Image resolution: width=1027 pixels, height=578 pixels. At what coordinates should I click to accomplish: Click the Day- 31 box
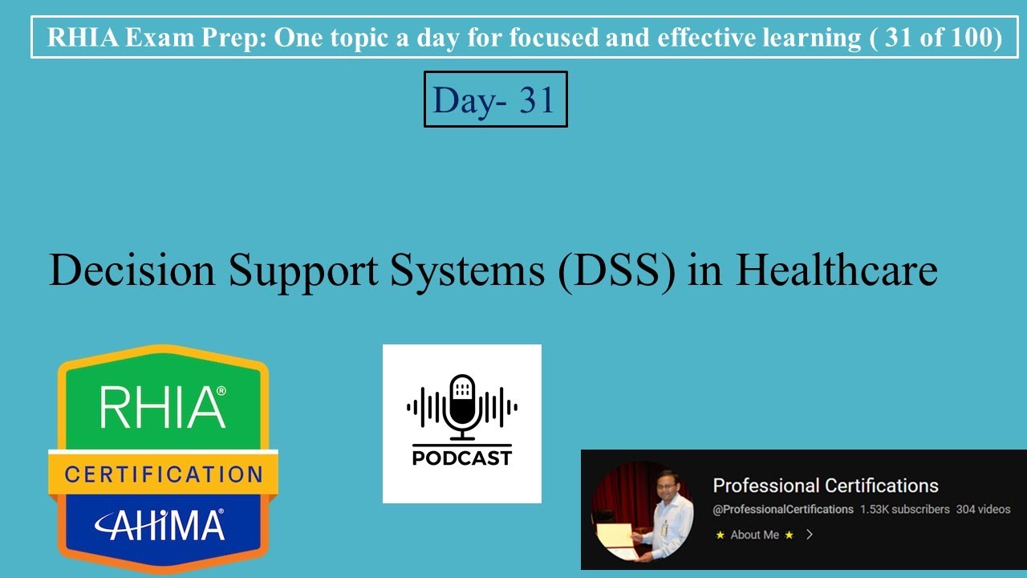pyautogui.click(x=495, y=100)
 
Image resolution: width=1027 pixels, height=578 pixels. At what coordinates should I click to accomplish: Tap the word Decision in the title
pyautogui.click(x=132, y=270)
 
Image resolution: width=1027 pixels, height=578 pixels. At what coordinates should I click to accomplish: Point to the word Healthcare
pyautogui.click(x=836, y=270)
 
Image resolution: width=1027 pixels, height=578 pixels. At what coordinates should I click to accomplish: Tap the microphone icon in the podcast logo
pyautogui.click(x=461, y=406)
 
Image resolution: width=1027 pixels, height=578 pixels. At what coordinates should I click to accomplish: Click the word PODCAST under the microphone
pyautogui.click(x=461, y=458)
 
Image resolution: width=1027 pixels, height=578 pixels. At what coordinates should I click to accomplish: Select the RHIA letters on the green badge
pyautogui.click(x=162, y=406)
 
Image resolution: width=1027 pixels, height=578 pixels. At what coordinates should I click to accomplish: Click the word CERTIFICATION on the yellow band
pyautogui.click(x=163, y=474)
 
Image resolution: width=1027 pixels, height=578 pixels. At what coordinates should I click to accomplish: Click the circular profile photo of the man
pyautogui.click(x=642, y=511)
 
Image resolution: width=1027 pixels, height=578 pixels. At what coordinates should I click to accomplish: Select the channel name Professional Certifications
pyautogui.click(x=826, y=486)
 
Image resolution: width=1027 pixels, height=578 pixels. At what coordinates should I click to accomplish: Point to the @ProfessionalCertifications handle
pyautogui.click(x=782, y=510)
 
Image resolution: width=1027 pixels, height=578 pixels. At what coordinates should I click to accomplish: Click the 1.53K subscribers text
pyautogui.click(x=904, y=510)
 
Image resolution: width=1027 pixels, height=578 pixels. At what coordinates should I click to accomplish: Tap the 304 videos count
pyautogui.click(x=983, y=510)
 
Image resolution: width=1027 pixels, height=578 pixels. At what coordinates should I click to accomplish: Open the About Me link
pyautogui.click(x=754, y=535)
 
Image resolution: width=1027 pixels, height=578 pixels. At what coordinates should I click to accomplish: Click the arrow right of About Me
pyautogui.click(x=810, y=535)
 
